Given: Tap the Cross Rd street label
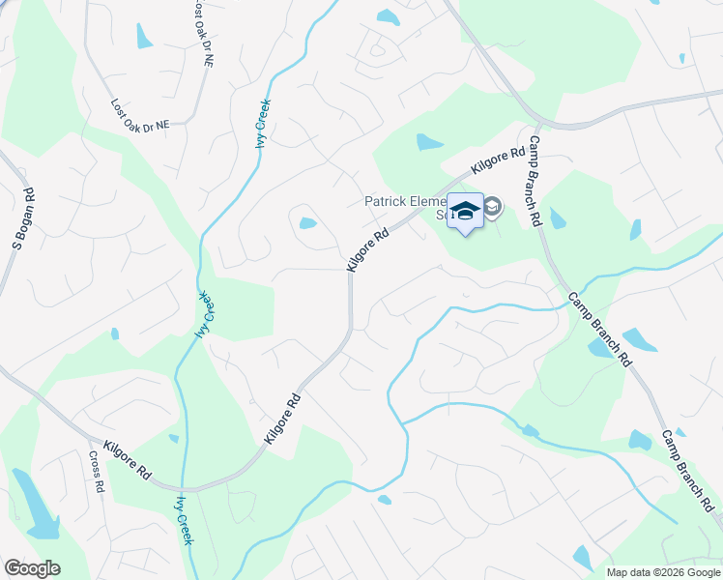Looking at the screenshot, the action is tap(96, 472).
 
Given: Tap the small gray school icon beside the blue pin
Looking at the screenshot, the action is tap(492, 207).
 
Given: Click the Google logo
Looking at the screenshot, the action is tap(32, 568).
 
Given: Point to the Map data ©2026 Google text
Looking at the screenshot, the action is tap(662, 572).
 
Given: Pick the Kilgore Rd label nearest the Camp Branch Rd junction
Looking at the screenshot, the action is tap(498, 159).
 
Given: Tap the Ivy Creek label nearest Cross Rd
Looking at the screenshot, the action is tap(182, 520).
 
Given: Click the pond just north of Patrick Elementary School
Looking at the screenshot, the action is tap(428, 143).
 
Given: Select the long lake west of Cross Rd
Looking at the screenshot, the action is tap(32, 505).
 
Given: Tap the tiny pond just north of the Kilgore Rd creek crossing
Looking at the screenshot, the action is tap(173, 439).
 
